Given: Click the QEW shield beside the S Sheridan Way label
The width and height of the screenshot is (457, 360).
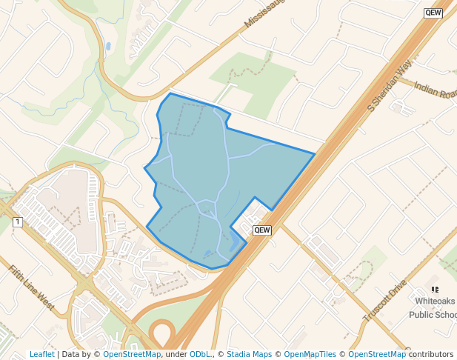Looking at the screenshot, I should point(433,13).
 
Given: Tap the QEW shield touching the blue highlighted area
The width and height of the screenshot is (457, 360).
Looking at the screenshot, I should point(262,230).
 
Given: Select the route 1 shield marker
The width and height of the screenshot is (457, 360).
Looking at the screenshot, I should point(17,221).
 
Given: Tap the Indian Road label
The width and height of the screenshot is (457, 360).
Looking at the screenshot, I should point(436,90).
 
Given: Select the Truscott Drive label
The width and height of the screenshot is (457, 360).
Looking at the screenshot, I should point(386,300).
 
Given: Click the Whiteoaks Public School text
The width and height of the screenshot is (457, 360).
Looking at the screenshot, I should point(436,307).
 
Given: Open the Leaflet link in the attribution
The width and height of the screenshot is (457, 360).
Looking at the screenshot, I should point(41,354).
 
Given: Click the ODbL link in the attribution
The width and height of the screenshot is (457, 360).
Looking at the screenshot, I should point(199,354).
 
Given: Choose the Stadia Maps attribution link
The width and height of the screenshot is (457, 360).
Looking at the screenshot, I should point(249,354).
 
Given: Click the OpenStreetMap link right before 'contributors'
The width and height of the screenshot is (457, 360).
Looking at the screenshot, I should point(377,354).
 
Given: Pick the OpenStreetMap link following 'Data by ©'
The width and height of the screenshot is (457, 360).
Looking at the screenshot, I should point(132,354).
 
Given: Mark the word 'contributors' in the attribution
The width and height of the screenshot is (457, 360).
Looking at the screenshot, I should point(431,354).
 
